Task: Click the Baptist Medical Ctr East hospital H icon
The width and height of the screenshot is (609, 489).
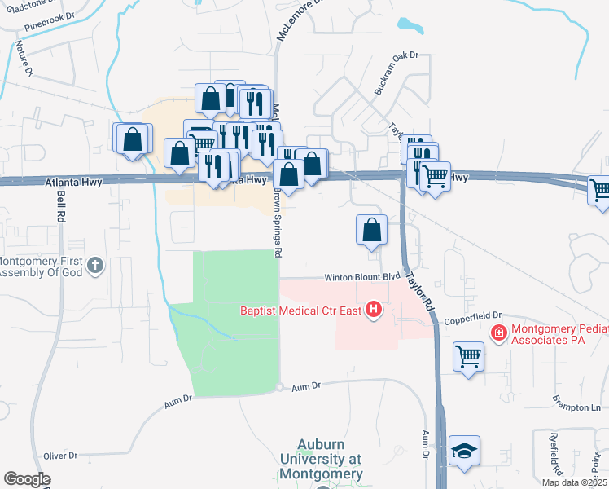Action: pos(374,310)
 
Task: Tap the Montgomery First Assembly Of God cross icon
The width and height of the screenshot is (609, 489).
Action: pos(95,265)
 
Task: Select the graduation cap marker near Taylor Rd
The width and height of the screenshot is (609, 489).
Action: pos(464,452)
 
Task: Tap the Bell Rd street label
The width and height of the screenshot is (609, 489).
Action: pos(60,209)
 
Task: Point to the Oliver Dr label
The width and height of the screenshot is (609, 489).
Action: pos(60,456)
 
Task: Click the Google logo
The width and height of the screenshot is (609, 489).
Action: pos(27,479)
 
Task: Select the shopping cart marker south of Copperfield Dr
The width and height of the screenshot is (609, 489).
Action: pos(469,356)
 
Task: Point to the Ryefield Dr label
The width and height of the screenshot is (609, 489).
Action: pos(557,457)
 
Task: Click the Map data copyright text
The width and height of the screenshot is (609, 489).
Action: pos(574,482)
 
